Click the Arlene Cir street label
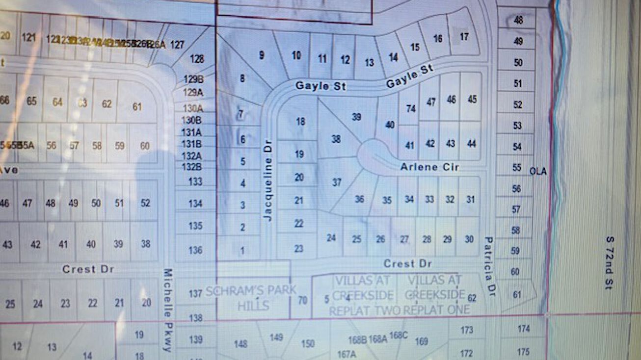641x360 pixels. (x=429, y=167)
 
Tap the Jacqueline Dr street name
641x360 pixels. (x=268, y=182)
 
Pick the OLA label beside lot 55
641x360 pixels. (x=538, y=172)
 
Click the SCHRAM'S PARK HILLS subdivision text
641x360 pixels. (x=251, y=298)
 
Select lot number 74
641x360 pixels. (x=411, y=109)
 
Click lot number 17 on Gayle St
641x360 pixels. (x=464, y=37)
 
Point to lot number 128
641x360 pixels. (x=197, y=59)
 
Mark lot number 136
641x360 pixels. (x=195, y=250)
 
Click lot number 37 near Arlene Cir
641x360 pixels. (x=337, y=182)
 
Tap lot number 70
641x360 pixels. (x=302, y=300)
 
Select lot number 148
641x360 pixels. (x=240, y=344)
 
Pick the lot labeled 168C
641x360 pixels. (x=398, y=335)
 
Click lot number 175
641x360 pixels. (x=523, y=352)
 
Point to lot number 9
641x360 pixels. (x=262, y=55)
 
